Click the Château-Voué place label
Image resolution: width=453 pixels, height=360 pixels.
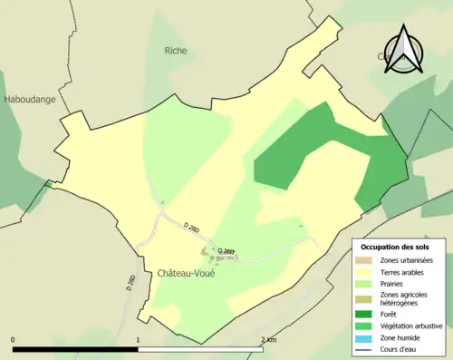coord(186,273)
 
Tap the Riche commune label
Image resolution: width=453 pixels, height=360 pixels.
coord(176,51)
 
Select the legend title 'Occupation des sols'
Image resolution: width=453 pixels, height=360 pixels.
coord(395,247)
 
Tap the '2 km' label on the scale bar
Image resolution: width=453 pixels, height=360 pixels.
coord(268,339)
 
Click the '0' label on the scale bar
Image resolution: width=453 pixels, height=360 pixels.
coord(14,339)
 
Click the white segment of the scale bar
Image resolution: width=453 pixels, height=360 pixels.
coord(200,348)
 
